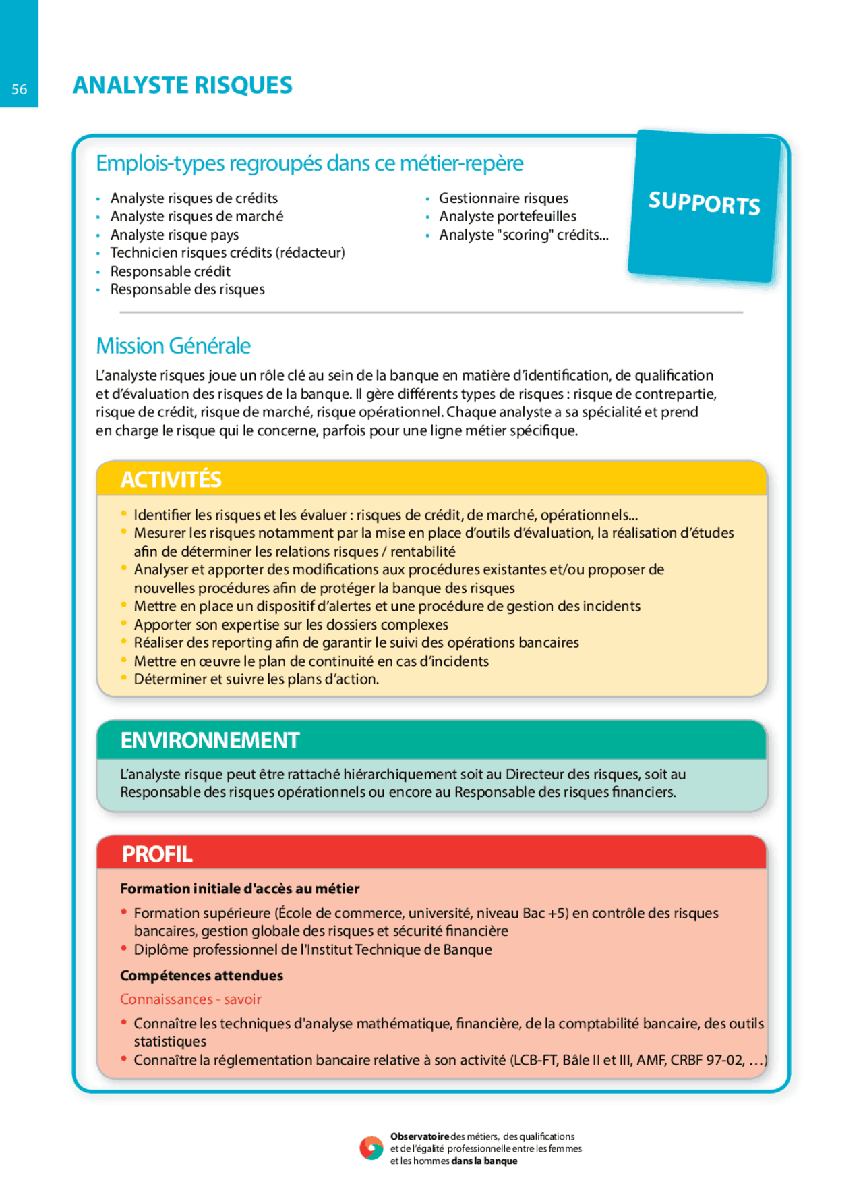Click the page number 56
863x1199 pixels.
tap(19, 89)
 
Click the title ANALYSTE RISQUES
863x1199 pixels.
tap(182, 86)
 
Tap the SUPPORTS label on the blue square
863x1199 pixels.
tap(704, 203)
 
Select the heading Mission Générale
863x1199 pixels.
tap(173, 345)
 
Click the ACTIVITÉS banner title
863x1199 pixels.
tap(171, 479)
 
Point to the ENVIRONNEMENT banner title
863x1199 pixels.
tap(210, 740)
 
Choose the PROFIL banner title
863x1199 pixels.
tap(157, 854)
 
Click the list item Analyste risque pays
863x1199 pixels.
tap(174, 235)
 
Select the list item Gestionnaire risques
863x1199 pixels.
tap(503, 198)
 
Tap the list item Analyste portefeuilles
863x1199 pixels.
tap(507, 217)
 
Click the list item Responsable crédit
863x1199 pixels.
tap(170, 271)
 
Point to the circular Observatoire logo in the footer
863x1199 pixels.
tap(371, 1148)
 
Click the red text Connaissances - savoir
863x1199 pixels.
tap(190, 999)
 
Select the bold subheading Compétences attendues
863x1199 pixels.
tap(202, 976)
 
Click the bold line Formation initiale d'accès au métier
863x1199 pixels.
tap(239, 889)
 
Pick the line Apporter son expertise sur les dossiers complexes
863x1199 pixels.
tap(291, 625)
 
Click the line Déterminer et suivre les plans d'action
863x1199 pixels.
tap(256, 679)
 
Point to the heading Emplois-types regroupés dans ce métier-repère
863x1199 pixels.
tap(309, 163)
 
